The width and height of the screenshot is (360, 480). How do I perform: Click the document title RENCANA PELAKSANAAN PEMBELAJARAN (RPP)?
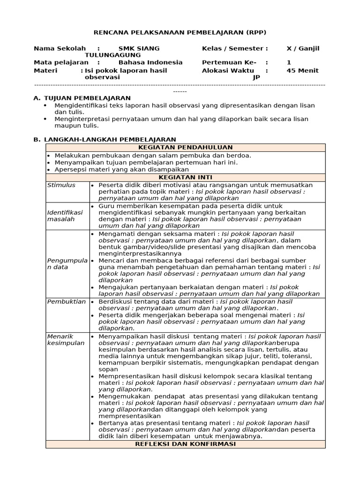coord(180,32)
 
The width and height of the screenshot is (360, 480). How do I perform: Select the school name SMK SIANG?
coord(139,48)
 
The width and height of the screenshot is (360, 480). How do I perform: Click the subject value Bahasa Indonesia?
coord(150,62)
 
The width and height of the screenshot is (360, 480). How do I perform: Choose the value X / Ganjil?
coord(303,48)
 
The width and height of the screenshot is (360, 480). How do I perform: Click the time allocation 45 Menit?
coord(302,70)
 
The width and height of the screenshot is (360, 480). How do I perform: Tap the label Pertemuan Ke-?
coord(229,62)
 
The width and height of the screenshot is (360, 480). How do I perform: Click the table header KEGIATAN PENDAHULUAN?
coord(185,147)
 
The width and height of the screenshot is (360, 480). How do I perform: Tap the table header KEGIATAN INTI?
coord(185,177)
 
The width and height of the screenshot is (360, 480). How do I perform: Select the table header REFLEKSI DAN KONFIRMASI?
coord(185,443)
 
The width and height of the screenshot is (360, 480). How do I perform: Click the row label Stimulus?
coord(61,185)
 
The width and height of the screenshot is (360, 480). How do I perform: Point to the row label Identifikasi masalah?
coord(65,216)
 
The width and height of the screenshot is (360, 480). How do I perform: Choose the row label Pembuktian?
coord(66,301)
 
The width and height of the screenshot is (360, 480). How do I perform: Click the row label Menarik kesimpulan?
coord(66,339)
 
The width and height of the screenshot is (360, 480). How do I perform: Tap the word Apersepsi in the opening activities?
coord(70,170)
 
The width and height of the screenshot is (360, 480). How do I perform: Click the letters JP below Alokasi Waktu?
coord(256,77)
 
